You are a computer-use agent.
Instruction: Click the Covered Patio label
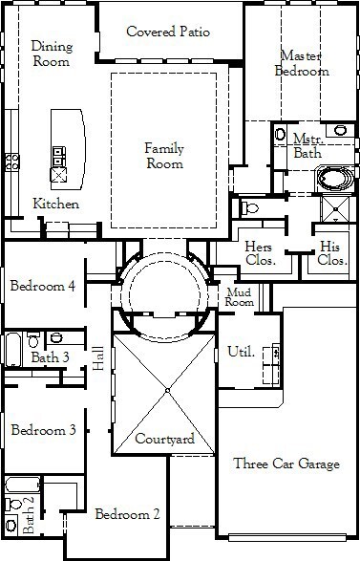coord(168,32)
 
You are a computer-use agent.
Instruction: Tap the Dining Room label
coord(52,54)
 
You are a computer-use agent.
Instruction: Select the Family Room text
coord(164,156)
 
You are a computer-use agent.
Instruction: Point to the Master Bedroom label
coord(302,63)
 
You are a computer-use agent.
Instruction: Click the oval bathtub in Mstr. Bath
coord(335,179)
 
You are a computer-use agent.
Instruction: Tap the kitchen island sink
coord(58,175)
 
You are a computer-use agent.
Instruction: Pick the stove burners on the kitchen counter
coord(12,162)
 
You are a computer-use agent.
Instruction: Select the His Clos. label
coord(332,253)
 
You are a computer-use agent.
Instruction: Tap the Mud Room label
coord(239,297)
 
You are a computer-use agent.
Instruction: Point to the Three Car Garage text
coord(286,464)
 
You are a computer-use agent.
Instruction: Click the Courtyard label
coord(165,439)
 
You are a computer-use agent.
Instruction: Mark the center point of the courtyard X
coord(167,390)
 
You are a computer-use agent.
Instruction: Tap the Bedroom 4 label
coord(43,286)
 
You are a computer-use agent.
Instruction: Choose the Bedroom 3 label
coord(43,430)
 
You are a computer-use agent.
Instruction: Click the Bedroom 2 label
coord(127,514)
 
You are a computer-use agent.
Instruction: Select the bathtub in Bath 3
coord(13,350)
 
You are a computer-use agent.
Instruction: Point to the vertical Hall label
coord(98,358)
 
